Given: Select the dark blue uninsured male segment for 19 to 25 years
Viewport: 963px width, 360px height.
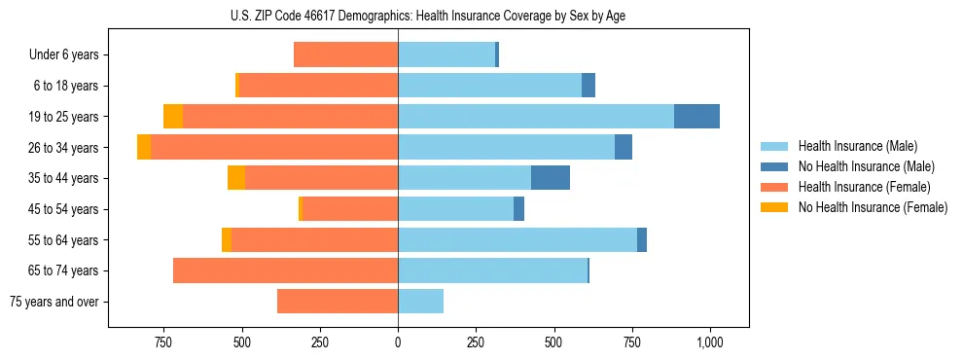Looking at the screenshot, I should [x=696, y=117].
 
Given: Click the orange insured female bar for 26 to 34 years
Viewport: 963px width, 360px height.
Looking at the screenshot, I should [x=274, y=148].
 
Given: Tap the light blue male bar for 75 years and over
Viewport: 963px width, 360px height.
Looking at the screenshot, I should [x=420, y=302].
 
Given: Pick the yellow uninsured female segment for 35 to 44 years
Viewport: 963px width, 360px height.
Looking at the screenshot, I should [x=235, y=178].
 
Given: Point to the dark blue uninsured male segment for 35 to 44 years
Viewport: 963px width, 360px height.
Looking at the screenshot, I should [x=551, y=178].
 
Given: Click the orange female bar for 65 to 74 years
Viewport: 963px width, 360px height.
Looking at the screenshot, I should [x=285, y=270].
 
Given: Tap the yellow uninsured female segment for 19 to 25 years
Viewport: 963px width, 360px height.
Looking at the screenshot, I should [x=173, y=117].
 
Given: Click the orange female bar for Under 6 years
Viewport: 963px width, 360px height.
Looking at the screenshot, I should [x=345, y=55].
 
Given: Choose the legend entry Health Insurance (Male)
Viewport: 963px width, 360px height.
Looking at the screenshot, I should [x=857, y=146].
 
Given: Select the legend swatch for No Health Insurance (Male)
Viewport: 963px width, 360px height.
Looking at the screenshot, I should [x=775, y=166].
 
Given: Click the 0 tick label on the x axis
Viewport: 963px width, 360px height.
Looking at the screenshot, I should [x=398, y=343].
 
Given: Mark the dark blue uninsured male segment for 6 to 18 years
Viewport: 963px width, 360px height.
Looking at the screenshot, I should [x=588, y=86].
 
